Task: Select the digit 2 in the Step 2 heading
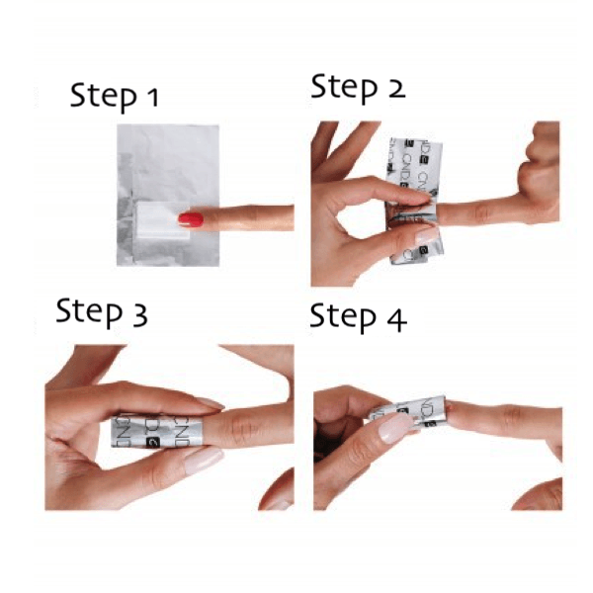[396, 88]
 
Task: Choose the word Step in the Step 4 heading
[344, 318]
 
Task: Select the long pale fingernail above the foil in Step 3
[206, 403]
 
